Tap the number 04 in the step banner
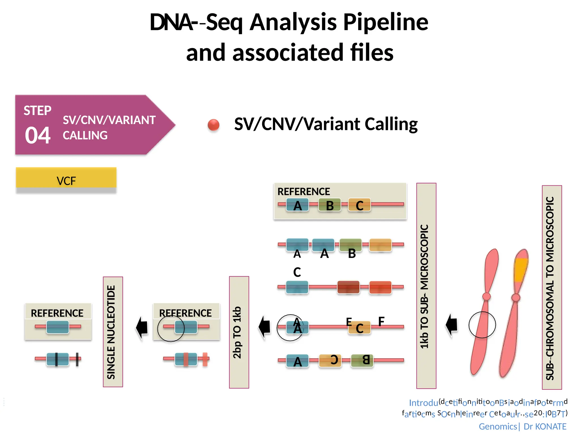[38, 135]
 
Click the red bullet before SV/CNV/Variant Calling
[214, 125]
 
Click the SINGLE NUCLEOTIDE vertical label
[113, 332]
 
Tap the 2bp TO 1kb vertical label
[239, 332]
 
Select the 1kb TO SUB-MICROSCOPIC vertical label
[426, 286]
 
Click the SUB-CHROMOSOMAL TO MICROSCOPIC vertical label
[552, 287]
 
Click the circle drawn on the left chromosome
[482, 325]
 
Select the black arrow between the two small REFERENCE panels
[142, 328]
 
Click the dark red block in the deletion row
[348, 287]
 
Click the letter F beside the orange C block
[381, 321]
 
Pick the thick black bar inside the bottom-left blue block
[56, 359]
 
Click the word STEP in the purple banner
[37, 110]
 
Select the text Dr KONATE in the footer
[545, 426]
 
